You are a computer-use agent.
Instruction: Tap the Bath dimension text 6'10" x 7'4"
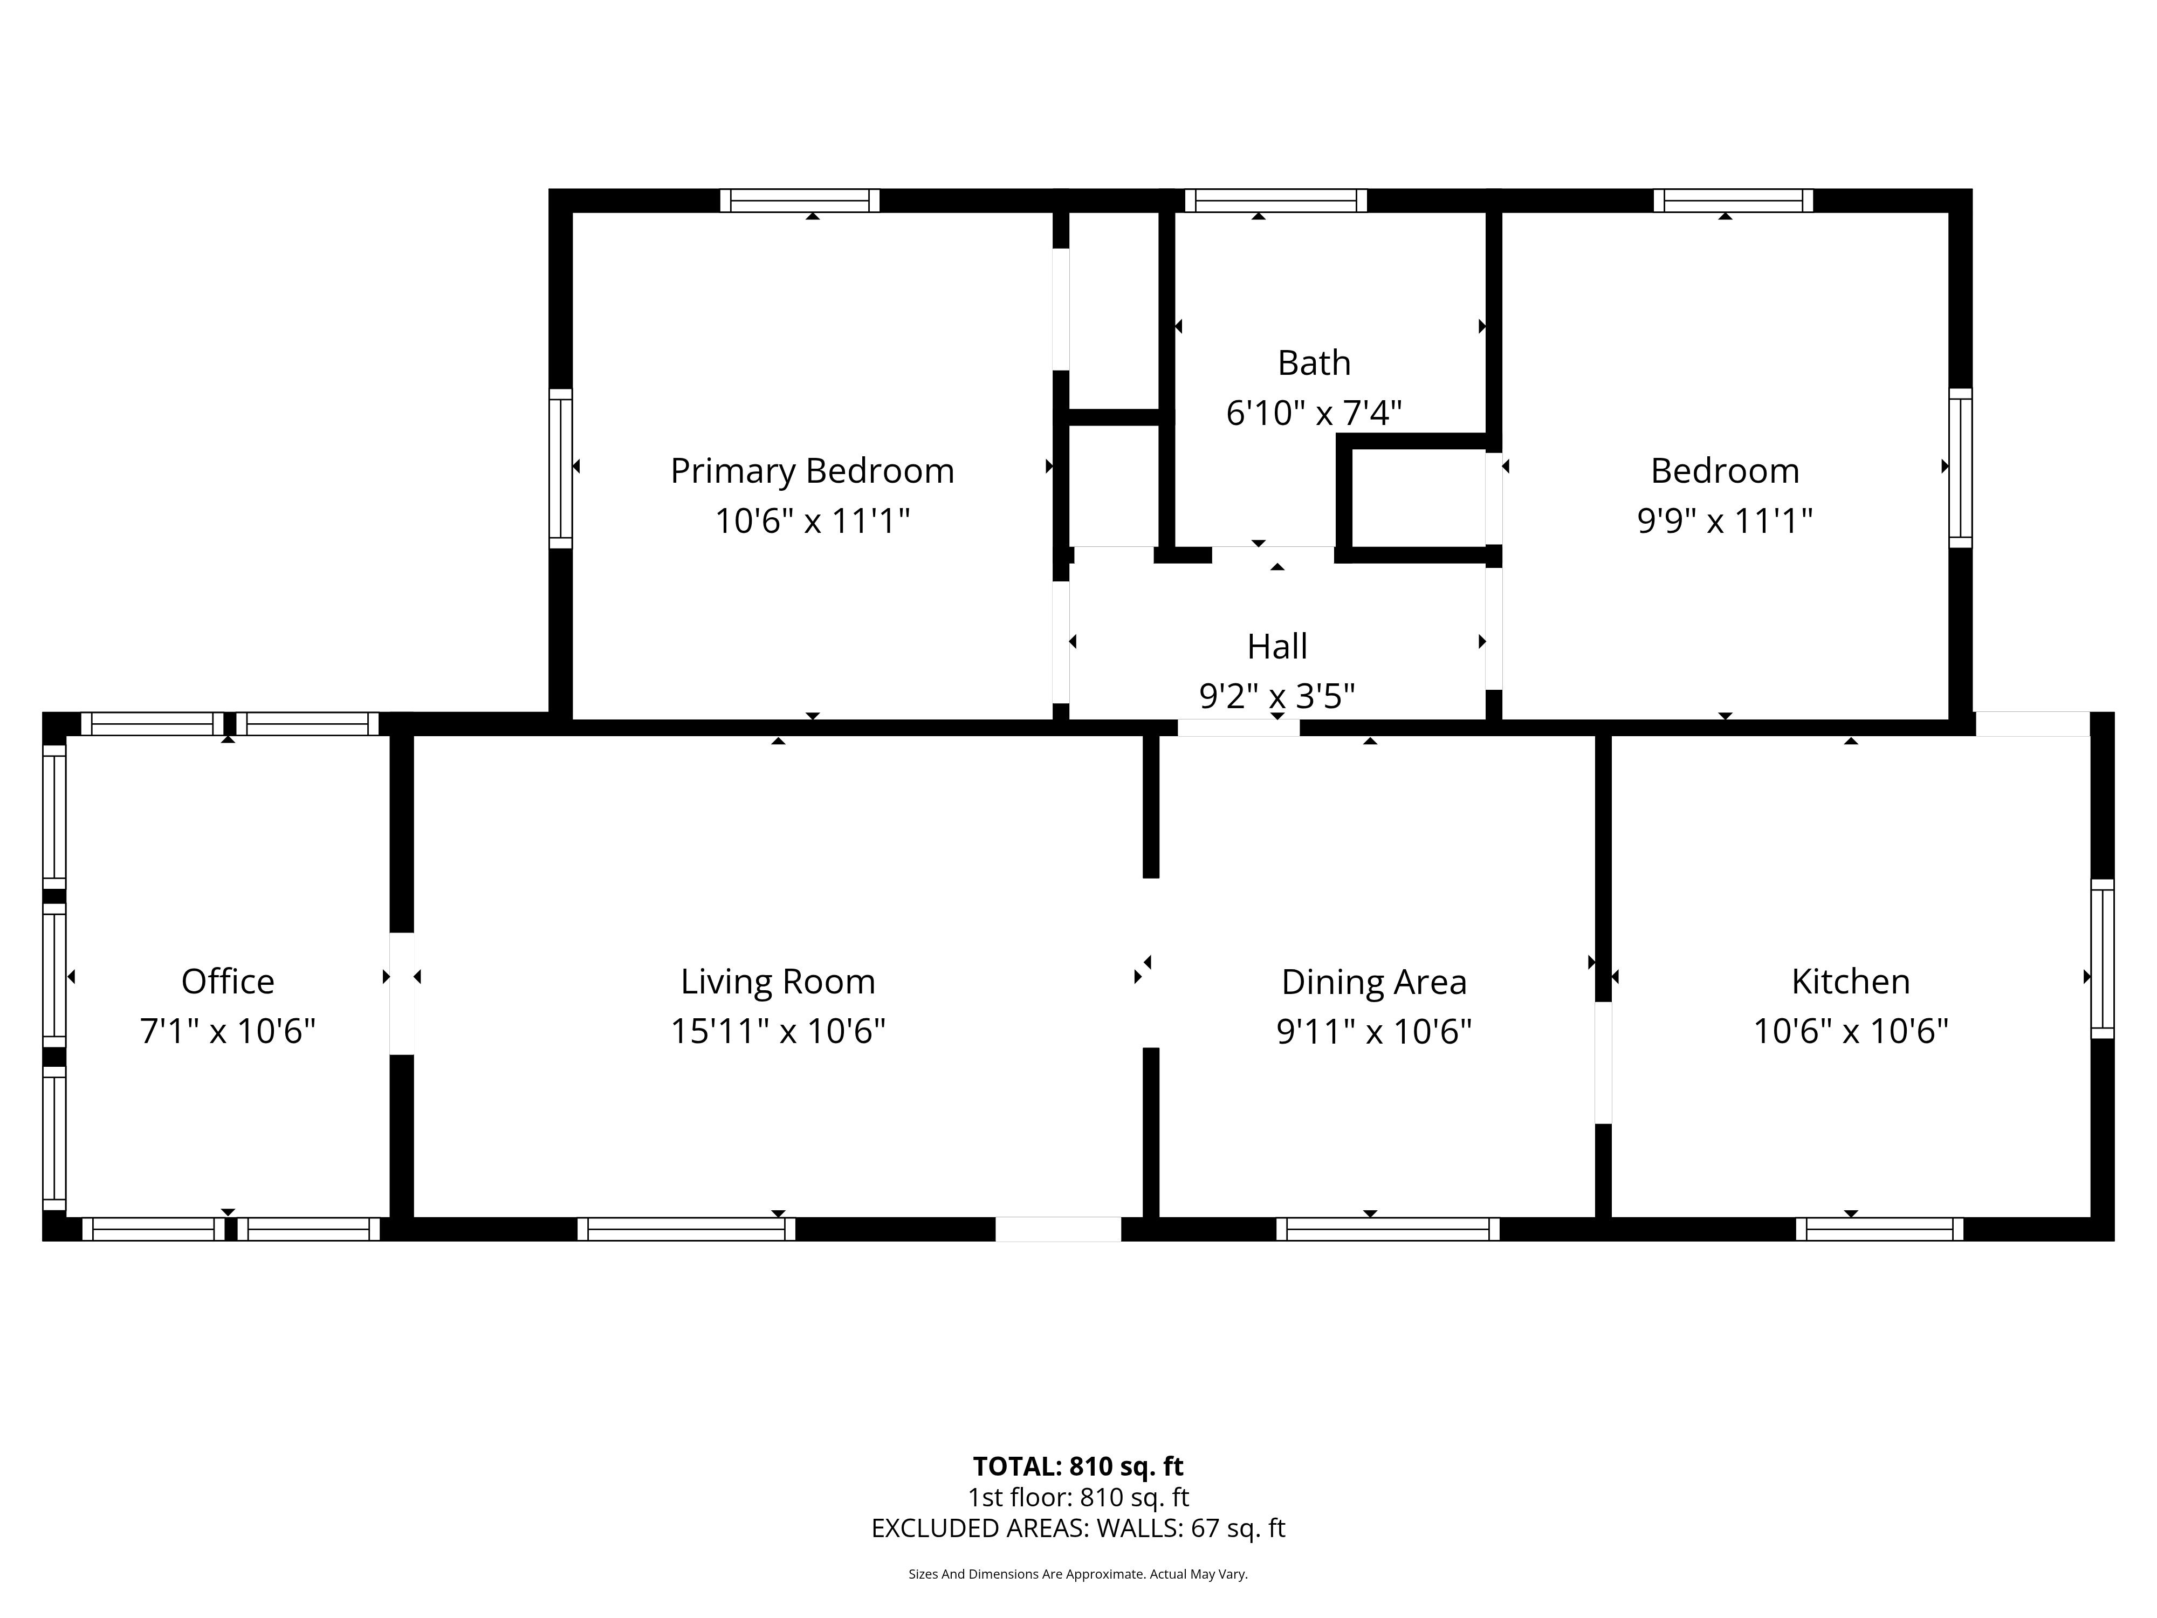pyautogui.click(x=1314, y=414)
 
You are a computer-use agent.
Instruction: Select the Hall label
pyautogui.click(x=1277, y=647)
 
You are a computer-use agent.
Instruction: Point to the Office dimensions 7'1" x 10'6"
pyautogui.click(x=228, y=1031)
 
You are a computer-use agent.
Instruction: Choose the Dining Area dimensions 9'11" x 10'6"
pyautogui.click(x=1374, y=1031)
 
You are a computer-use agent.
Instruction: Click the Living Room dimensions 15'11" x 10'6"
pyautogui.click(x=778, y=1031)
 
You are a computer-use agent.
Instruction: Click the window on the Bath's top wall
pyautogui.click(x=1275, y=201)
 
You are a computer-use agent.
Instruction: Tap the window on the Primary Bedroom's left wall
pyautogui.click(x=561, y=468)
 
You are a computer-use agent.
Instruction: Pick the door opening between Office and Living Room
pyautogui.click(x=402, y=994)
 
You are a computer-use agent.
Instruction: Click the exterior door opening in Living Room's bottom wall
pyautogui.click(x=1058, y=1229)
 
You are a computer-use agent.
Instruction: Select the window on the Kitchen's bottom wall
pyautogui.click(x=1880, y=1229)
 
